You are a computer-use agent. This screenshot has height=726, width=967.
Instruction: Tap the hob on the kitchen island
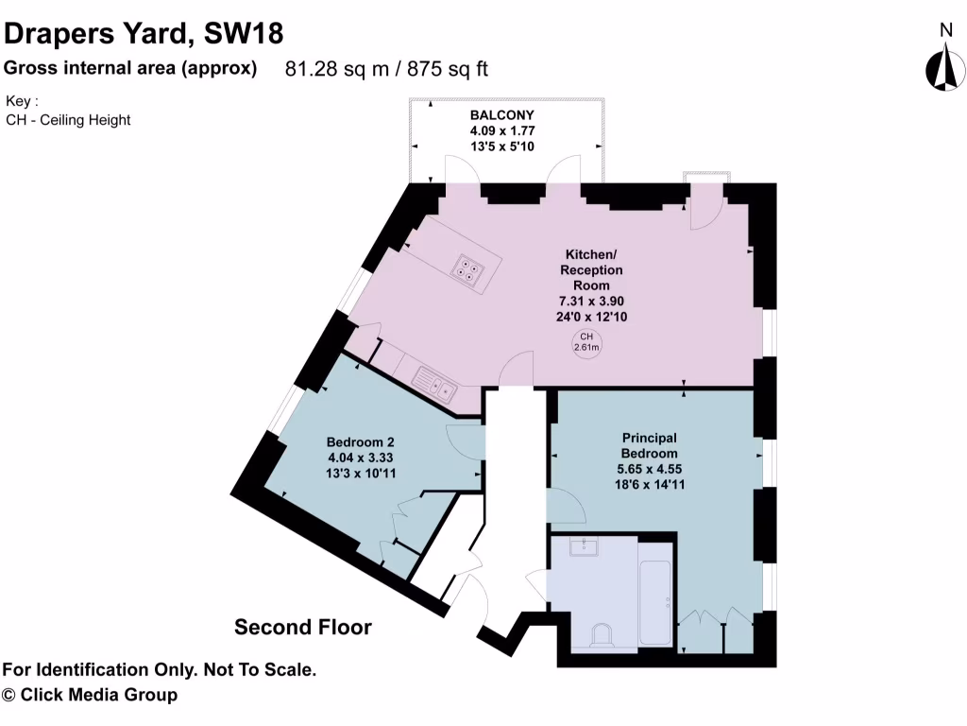pos(467,268)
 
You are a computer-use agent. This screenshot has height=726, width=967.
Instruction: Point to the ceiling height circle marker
pos(586,341)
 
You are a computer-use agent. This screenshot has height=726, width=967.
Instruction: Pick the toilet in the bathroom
pos(602,636)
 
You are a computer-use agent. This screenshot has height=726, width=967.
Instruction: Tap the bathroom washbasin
pos(585,545)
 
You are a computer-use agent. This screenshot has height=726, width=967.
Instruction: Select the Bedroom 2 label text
pos(360,441)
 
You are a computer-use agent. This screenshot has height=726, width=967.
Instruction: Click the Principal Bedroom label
pos(649,445)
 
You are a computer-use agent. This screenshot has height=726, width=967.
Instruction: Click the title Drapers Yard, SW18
pos(144,34)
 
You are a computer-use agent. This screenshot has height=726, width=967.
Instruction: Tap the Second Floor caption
pos(303,627)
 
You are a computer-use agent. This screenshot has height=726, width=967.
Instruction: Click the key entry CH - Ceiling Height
pos(68,120)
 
